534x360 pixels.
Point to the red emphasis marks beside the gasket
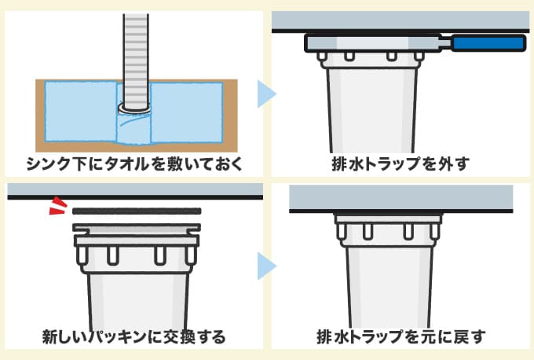[x=56, y=207]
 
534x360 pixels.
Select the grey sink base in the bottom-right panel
[x=401, y=198]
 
